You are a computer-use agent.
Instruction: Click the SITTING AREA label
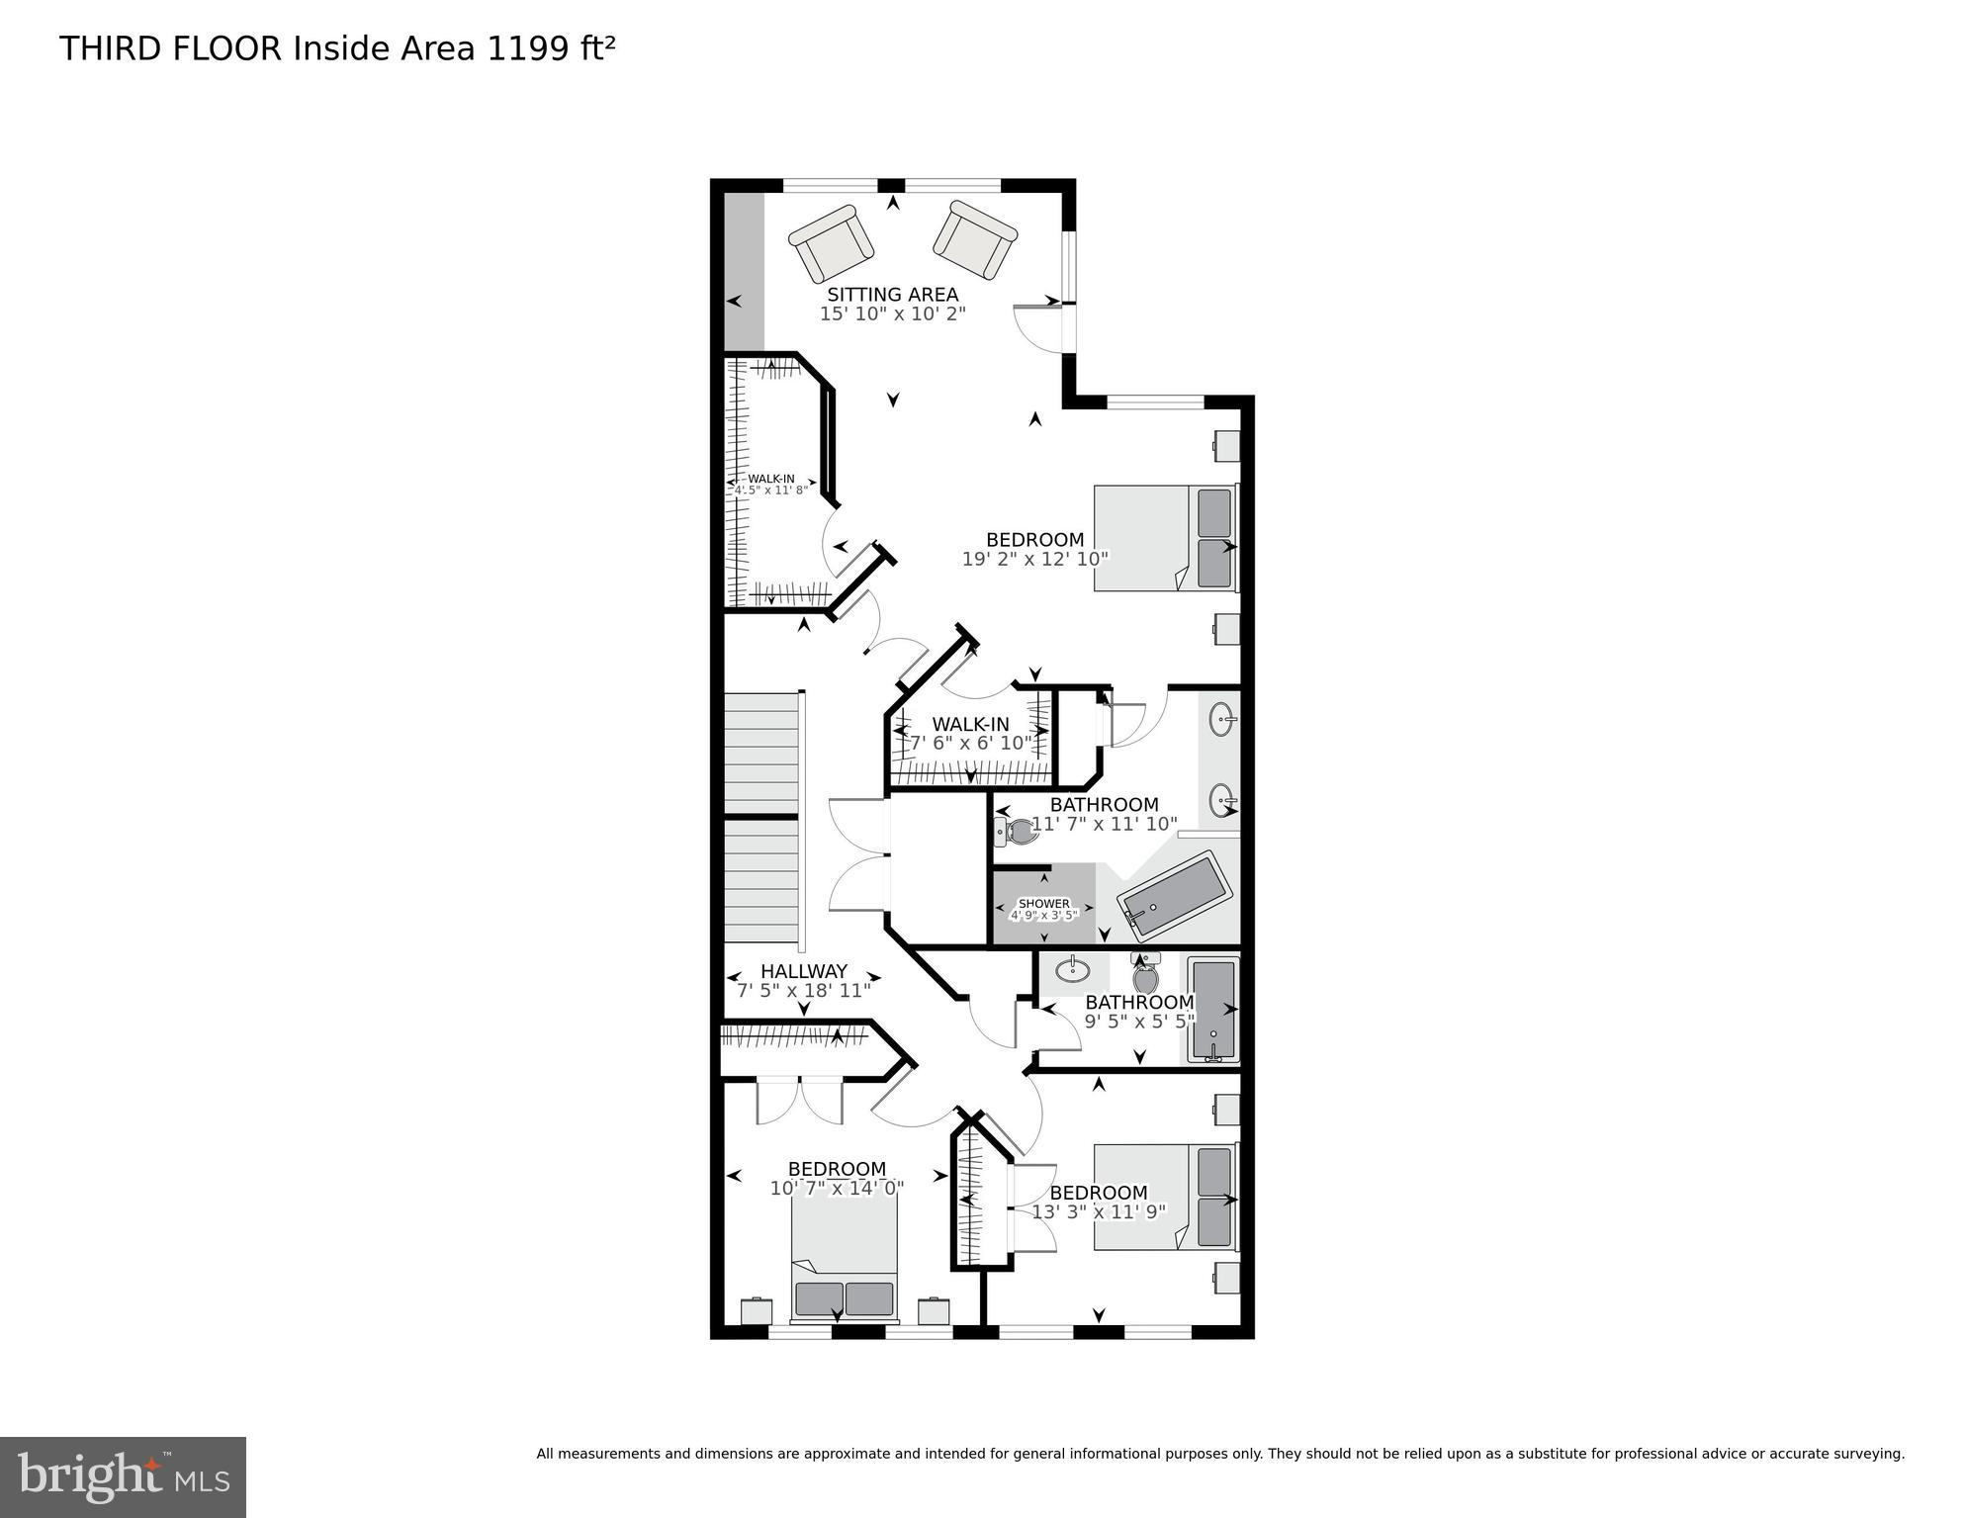892,295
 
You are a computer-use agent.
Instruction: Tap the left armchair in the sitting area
832,243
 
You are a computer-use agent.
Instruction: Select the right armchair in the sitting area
975,239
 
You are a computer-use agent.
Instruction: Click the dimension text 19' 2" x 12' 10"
1034,558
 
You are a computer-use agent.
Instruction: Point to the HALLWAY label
803,971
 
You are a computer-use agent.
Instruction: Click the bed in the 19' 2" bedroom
1165,538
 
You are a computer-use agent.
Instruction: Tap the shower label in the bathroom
1043,904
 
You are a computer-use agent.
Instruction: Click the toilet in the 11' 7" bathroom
1017,832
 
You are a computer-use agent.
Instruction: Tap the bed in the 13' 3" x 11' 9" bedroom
1165,1198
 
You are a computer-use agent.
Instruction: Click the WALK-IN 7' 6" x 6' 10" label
970,725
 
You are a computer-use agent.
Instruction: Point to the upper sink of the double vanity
1223,719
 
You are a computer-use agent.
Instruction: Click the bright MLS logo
123,1476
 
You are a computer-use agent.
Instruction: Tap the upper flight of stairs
760,753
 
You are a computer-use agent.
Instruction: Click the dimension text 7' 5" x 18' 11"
803,990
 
